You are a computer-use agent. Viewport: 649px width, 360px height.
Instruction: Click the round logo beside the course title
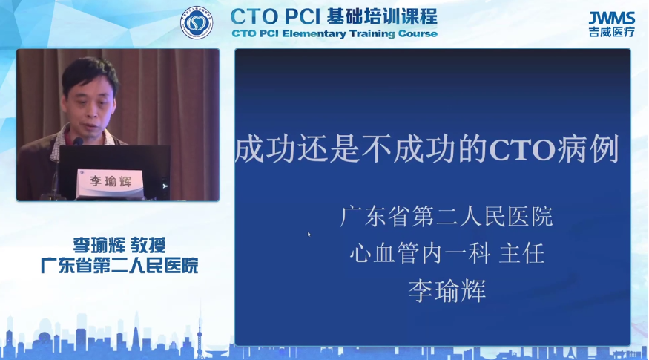click(x=197, y=23)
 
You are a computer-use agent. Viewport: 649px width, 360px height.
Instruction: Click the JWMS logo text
click(x=612, y=19)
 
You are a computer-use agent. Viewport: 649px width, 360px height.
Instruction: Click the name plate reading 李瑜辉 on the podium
click(x=111, y=182)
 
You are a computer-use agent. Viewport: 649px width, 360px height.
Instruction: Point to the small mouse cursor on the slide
click(x=309, y=235)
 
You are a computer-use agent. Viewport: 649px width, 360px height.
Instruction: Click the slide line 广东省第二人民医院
click(x=447, y=216)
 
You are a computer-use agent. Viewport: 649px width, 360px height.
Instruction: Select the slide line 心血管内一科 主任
click(x=447, y=253)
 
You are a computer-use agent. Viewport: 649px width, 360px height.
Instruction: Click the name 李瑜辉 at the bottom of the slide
click(x=447, y=290)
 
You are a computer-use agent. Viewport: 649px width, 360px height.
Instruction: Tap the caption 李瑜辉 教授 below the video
click(x=119, y=245)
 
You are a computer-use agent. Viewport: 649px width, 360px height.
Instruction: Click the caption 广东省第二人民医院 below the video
click(x=119, y=266)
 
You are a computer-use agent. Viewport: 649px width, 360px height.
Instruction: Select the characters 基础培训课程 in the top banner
click(x=382, y=17)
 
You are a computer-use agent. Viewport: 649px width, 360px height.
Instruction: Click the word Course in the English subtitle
click(x=418, y=34)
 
